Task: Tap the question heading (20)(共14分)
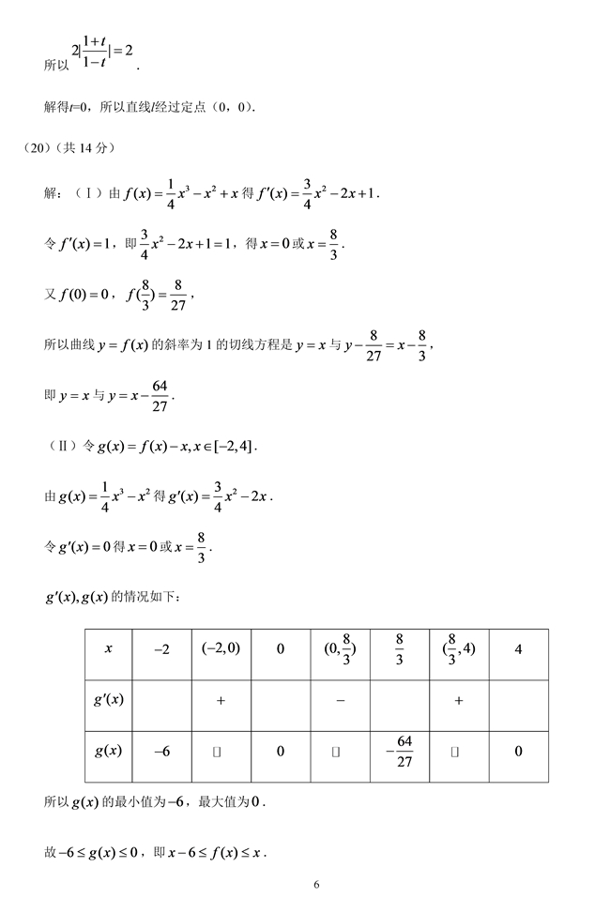(x=70, y=147)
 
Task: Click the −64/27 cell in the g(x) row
(x=399, y=752)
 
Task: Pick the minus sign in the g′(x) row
(x=340, y=701)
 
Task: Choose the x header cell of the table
(x=109, y=648)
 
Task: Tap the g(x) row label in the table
(x=109, y=752)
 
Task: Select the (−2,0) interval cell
(x=221, y=647)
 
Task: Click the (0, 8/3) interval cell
(x=340, y=648)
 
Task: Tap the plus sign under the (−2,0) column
(x=221, y=701)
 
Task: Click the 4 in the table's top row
(x=518, y=648)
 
